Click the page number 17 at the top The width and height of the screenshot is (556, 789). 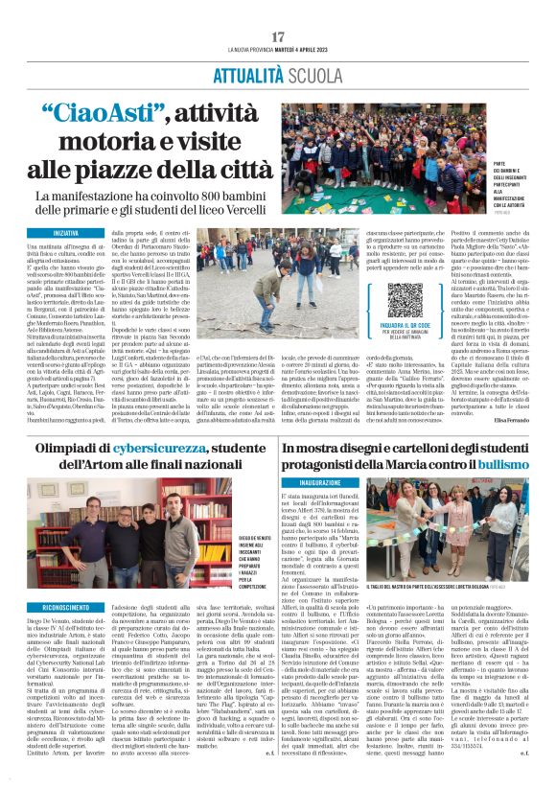(x=278, y=35)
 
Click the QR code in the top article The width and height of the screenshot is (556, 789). (x=405, y=299)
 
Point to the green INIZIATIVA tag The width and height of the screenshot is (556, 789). (x=66, y=233)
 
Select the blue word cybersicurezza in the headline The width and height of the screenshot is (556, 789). (x=148, y=448)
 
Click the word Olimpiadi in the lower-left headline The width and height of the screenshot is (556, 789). (x=73, y=448)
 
